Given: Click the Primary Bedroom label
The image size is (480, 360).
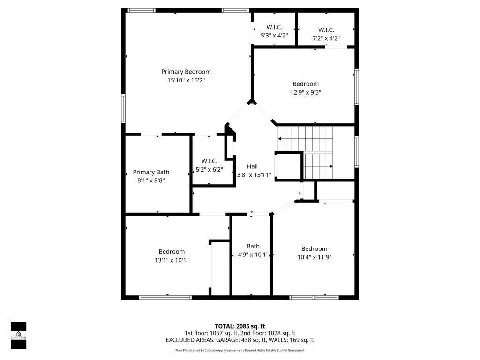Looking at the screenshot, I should pyautogui.click(x=186, y=72).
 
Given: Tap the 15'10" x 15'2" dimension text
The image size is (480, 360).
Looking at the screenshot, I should pyautogui.click(x=186, y=80).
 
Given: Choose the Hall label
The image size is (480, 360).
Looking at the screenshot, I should pyautogui.click(x=253, y=166).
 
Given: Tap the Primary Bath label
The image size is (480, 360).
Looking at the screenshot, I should pyautogui.click(x=151, y=172).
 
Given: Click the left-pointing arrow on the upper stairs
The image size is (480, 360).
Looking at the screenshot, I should pyautogui.click(x=280, y=139).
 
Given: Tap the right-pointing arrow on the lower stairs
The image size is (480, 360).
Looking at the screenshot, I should pyautogui.click(x=331, y=166).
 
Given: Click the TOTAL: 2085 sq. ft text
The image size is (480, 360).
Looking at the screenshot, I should pyautogui.click(x=240, y=326).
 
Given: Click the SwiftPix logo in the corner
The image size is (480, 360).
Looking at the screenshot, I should pyautogui.click(x=19, y=335).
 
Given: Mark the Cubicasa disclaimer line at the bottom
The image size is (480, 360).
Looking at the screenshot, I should pyautogui.click(x=240, y=350).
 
